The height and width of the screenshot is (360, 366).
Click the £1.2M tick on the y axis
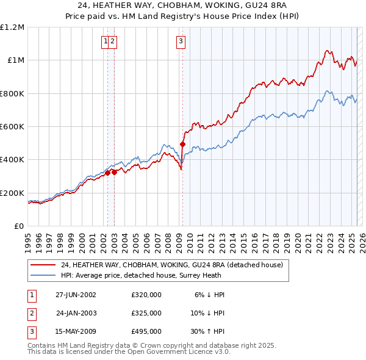click(12, 27)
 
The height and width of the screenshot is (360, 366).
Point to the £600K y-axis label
click(12, 127)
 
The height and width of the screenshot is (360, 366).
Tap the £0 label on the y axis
click(19, 226)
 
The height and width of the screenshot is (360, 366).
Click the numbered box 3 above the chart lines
click(181, 41)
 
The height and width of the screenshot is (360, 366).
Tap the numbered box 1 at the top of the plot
click(106, 41)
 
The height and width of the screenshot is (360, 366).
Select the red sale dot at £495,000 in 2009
click(182, 145)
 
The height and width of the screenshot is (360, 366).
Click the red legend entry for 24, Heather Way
click(171, 265)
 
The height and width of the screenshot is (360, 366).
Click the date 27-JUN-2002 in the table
click(76, 295)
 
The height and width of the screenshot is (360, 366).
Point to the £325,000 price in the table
click(146, 313)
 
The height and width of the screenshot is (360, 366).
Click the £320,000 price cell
click(146, 295)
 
